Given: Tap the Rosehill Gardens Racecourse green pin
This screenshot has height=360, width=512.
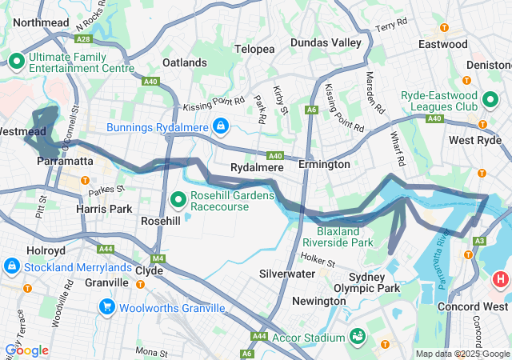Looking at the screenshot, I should click(180, 198).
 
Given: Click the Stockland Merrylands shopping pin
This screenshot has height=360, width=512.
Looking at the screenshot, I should click(12, 266).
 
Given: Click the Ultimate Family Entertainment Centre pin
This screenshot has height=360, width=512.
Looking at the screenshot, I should click(16, 60).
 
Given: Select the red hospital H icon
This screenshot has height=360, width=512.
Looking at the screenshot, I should click(501, 279).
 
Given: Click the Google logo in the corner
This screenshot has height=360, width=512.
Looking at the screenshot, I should click(27, 350).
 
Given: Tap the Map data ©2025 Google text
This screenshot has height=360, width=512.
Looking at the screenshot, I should click(462, 354).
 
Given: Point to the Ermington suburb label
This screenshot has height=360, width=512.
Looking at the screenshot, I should click(324, 164).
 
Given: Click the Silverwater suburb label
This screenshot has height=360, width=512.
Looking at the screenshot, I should click(287, 273).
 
